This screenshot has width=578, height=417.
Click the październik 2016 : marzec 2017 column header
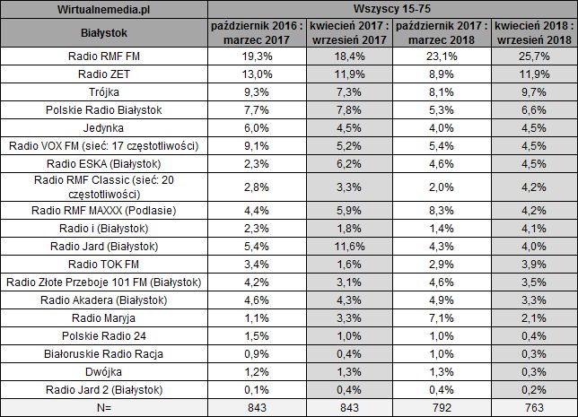click(254, 33)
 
